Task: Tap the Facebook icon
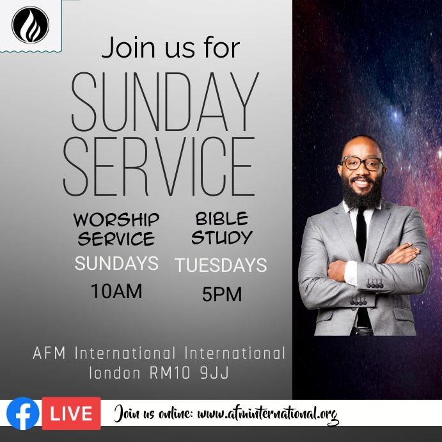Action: (x=23, y=413)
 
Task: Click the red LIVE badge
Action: (x=71, y=413)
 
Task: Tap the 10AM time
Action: (x=116, y=291)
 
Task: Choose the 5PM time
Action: (x=222, y=295)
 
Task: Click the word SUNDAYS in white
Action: (x=116, y=263)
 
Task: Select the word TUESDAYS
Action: (x=221, y=265)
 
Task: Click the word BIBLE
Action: (x=221, y=219)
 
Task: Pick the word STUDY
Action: (x=221, y=238)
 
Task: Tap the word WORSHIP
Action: (x=116, y=219)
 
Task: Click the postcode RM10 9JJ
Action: (x=194, y=373)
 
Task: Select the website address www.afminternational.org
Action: (x=267, y=414)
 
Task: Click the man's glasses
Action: (x=362, y=163)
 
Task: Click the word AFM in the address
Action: (x=50, y=354)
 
